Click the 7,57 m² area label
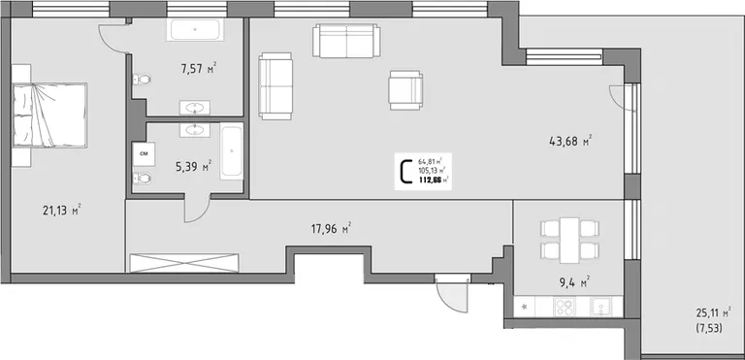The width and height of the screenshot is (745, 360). [x=199, y=69]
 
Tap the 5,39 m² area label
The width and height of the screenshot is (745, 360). [x=193, y=167]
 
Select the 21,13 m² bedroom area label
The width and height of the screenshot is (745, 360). [x=62, y=211]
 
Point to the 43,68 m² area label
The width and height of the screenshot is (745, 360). [x=570, y=142]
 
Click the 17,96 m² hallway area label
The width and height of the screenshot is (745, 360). [x=331, y=229]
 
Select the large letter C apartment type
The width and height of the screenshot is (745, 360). [x=406, y=172]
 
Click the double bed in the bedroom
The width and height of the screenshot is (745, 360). [x=49, y=115]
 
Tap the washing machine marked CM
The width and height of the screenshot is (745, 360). [x=144, y=154]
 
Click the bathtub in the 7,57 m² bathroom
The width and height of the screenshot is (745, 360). [x=195, y=29]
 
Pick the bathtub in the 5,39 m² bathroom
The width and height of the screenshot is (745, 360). [x=232, y=150]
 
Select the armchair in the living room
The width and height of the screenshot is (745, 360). [x=405, y=90]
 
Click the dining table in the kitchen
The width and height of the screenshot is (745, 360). [x=569, y=240]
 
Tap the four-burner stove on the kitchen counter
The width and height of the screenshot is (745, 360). [x=565, y=307]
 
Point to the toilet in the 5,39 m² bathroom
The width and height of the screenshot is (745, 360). [x=142, y=179]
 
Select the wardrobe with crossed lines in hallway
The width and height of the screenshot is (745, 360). [x=184, y=263]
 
